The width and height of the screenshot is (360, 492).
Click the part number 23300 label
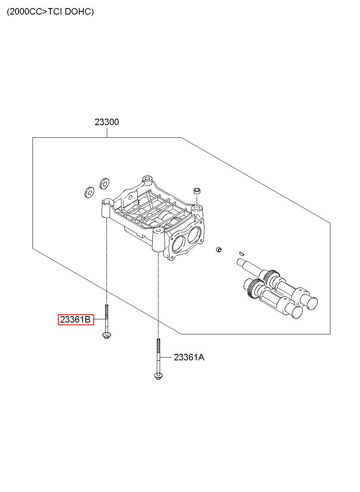coord(107,122)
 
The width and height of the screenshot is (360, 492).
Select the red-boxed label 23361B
coord(76,319)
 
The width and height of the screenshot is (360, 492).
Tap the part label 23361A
coord(189,358)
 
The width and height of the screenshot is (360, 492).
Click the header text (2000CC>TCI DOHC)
coord(50,12)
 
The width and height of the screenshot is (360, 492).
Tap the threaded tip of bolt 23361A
coord(158,340)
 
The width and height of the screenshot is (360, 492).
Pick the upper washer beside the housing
coord(104,183)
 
